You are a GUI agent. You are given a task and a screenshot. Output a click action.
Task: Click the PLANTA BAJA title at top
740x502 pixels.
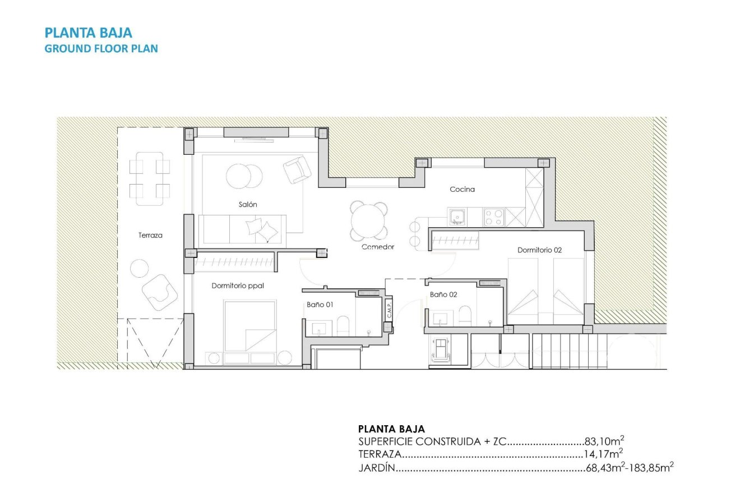click(x=88, y=33)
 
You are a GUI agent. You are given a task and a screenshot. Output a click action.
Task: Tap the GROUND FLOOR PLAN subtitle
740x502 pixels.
click(x=101, y=48)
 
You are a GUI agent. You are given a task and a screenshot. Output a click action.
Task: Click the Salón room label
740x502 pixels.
click(x=248, y=205)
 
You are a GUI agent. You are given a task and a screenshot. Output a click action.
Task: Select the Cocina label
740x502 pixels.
click(x=462, y=189)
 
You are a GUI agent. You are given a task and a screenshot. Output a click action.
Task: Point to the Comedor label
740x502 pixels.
click(x=378, y=247)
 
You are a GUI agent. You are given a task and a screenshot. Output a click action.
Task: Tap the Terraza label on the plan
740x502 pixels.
click(x=150, y=236)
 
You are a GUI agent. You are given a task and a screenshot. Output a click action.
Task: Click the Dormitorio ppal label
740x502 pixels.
click(x=238, y=285)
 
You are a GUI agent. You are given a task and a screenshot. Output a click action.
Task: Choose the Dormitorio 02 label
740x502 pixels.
click(x=539, y=250)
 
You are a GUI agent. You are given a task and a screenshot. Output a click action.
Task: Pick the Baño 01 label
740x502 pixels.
click(x=320, y=305)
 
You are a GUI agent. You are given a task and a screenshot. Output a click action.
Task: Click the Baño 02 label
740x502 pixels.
click(x=443, y=294)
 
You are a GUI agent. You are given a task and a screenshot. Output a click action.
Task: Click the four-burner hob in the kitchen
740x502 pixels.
click(x=493, y=217)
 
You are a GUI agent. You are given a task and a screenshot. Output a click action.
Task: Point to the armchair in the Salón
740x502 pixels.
click(x=297, y=169)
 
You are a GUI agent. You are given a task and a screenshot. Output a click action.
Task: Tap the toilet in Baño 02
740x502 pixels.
click(x=465, y=315)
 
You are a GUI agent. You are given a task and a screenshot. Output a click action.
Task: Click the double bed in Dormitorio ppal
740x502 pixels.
click(x=250, y=325)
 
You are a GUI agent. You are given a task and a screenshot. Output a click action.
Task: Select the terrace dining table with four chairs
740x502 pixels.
click(x=150, y=178)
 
